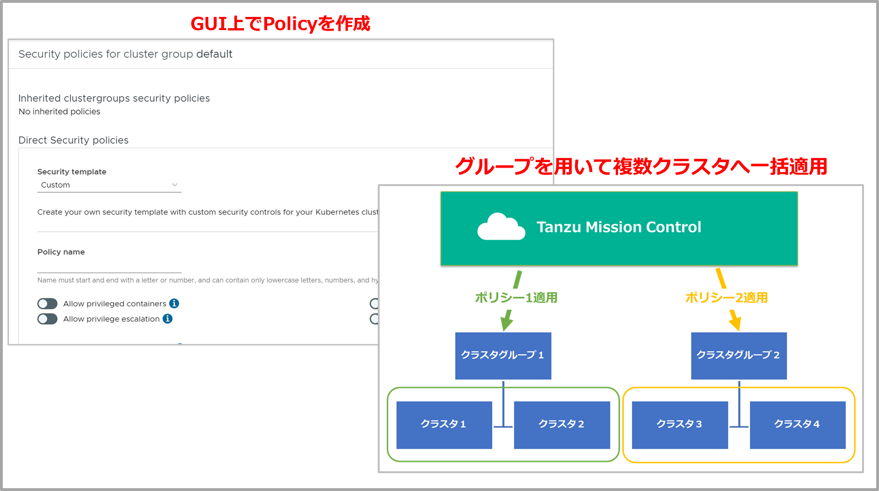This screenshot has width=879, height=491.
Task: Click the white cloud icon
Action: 500,227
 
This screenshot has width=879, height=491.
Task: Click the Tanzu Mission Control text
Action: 619,227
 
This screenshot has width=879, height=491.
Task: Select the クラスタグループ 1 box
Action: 503,356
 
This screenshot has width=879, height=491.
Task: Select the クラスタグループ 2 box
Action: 739,356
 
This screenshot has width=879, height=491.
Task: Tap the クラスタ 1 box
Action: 444,425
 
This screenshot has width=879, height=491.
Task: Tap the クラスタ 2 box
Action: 562,425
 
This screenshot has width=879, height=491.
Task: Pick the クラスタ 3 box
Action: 680,425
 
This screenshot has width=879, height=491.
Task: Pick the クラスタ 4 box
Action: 797,425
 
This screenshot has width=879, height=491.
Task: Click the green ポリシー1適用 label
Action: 516,298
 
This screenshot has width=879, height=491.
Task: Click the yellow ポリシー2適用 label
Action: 726,298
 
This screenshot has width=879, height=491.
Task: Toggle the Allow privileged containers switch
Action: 47,304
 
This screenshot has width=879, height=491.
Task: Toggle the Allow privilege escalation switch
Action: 47,319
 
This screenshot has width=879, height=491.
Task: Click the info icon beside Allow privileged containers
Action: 174,304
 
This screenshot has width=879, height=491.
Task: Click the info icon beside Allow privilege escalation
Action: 168,319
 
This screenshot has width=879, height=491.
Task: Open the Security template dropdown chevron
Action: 175,185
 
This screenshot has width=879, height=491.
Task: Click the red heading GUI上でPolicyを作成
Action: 280,23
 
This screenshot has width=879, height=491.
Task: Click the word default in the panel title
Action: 214,54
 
